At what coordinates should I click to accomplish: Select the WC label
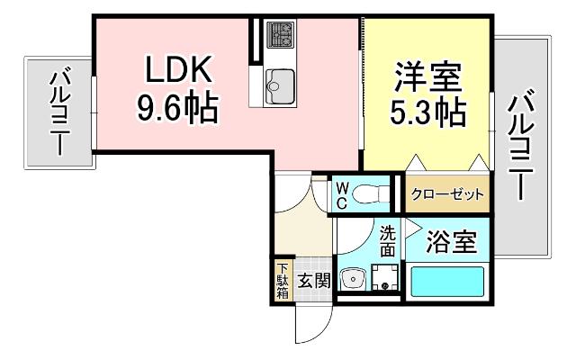coord(343,194)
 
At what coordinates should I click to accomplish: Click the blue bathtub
coord(447,281)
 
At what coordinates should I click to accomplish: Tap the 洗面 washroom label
coord(387,240)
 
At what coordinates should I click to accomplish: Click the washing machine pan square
coord(386,279)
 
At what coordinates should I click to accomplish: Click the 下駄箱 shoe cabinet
coord(282,279)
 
